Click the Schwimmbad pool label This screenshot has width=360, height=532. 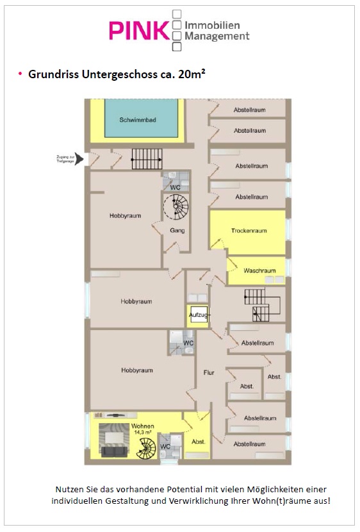pos(137,120)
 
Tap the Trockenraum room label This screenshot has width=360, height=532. pos(249,231)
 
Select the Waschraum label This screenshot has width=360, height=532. pos(259,270)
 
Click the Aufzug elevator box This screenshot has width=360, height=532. pos(199,315)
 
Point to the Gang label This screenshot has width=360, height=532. pos(177,230)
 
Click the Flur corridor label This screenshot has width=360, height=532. pos(209,372)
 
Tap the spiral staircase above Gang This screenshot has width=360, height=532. pos(176,206)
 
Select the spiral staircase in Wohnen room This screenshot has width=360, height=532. pos(146,449)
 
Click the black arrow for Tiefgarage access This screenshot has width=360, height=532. pos(79,159)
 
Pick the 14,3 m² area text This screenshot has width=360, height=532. pos(142,432)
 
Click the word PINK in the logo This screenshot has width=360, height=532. pos(139,31)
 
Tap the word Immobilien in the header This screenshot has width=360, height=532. pos(212,25)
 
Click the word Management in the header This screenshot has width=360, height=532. pos(217,36)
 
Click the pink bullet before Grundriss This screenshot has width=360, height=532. pos(20,73)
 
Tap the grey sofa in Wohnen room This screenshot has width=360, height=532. pos(115,451)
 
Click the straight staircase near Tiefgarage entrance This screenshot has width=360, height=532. pos(147,159)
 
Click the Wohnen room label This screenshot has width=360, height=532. pos(143,426)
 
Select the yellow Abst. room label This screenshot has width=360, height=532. pos(199,442)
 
